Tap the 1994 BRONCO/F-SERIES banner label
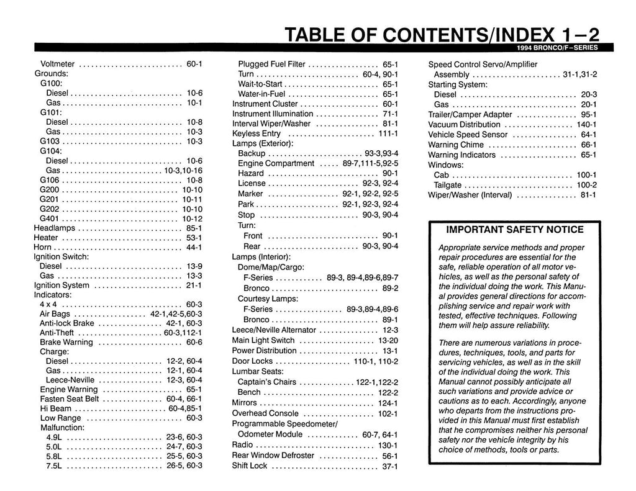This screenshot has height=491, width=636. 556,48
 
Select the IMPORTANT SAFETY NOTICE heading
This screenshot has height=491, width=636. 515,230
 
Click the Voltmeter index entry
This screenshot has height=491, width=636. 57,63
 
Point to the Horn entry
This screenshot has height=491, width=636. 43,246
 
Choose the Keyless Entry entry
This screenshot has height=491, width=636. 257,133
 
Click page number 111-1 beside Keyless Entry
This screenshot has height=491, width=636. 388,133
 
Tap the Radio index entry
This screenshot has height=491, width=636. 242,445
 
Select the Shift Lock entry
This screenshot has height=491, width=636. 250,466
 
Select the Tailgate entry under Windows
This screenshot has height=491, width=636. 447,185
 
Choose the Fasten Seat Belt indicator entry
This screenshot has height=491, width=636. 69,399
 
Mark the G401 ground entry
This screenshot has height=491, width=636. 49,218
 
